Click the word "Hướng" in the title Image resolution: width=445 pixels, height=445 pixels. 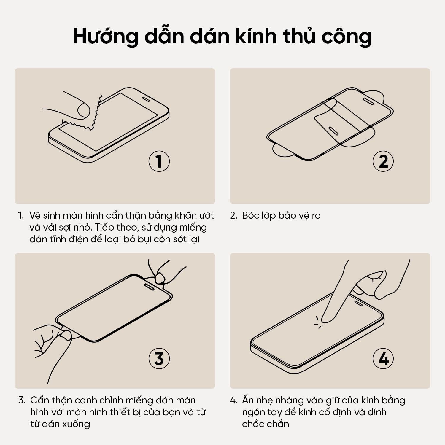tap(105, 36)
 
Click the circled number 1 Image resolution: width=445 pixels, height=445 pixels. tap(159, 161)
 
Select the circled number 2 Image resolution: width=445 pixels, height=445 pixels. tap(383, 161)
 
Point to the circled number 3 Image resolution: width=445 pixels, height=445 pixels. tap(159, 358)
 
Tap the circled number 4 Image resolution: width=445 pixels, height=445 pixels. tap(383, 358)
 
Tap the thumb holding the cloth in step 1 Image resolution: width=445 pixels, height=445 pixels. tap(83, 110)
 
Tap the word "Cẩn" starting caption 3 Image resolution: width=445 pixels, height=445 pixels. tap(38, 400)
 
